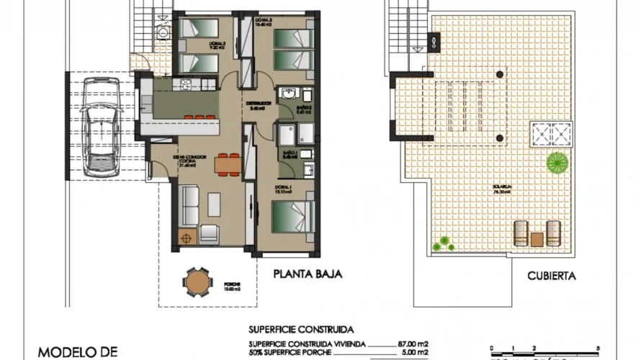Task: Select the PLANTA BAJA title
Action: [x=306, y=274]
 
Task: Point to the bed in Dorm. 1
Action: [x=293, y=217]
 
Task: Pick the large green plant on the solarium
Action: [x=556, y=163]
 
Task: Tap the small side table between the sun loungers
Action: [x=537, y=238]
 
